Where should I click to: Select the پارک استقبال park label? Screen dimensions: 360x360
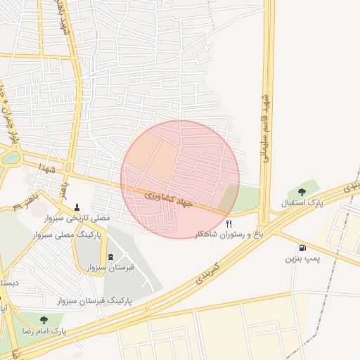pos(301,203)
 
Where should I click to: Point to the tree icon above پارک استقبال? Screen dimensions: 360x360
pos(302,191)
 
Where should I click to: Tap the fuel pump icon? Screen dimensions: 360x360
pos(302,247)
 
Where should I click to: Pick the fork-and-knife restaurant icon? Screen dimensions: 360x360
pos(228,223)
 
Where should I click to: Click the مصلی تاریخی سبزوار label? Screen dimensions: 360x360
pos(77,219)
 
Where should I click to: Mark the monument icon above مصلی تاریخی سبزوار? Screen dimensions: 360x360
pos(77,207)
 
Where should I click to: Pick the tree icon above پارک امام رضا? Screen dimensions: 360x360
pos(45,319)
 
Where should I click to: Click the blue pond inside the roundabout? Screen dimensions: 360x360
pos(10,158)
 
